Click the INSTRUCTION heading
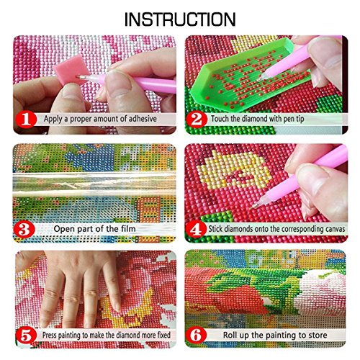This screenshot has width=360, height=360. tap(180, 17)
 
